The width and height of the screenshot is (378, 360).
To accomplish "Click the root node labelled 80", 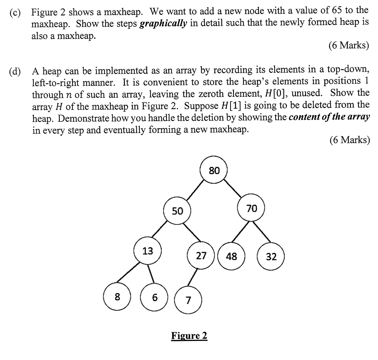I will pyautogui.click(x=214, y=170).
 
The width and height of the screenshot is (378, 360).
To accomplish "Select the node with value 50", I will pyautogui.click(x=177, y=211).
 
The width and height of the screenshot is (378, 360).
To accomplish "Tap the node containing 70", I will pyautogui.click(x=251, y=208).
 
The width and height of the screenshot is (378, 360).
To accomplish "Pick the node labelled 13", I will pyautogui.click(x=148, y=251).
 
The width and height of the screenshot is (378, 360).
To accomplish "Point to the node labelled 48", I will pyautogui.click(x=231, y=256).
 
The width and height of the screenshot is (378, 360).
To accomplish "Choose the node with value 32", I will pyautogui.click(x=271, y=256).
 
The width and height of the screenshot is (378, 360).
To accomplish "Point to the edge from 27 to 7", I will pyautogui.click(x=194, y=278).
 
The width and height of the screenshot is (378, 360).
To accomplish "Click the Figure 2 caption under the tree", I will pyautogui.click(x=189, y=336).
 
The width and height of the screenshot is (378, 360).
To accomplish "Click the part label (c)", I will pyautogui.click(x=15, y=13).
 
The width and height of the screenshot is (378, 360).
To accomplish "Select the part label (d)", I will pyautogui.click(x=15, y=71).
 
